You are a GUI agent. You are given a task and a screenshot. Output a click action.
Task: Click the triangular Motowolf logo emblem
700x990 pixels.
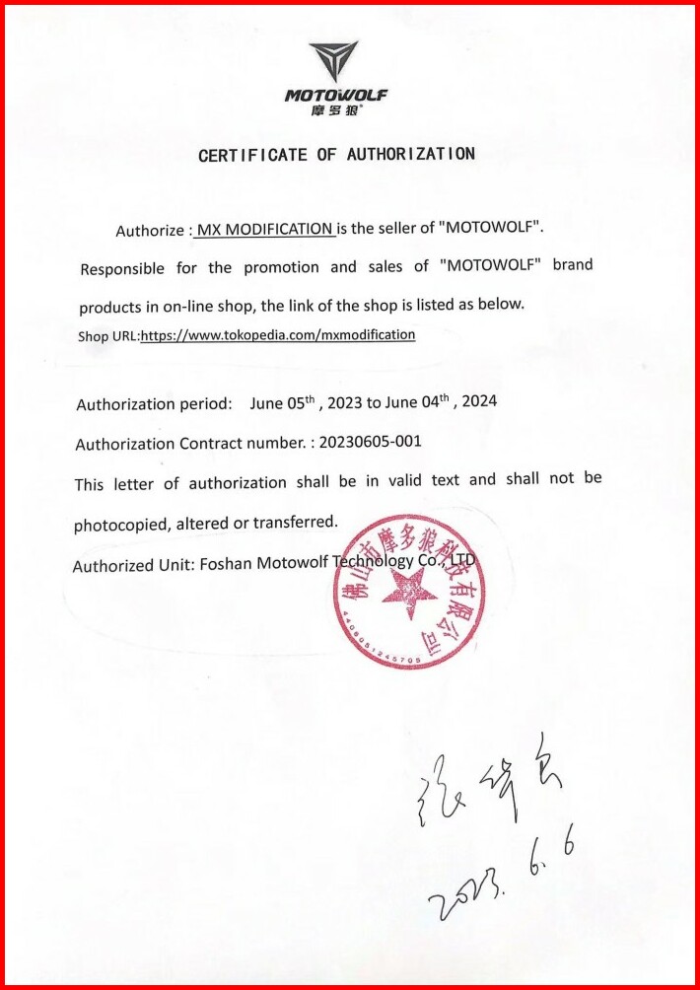(x=333, y=61)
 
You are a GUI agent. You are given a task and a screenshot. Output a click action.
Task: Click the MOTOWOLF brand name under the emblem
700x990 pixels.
(x=336, y=96)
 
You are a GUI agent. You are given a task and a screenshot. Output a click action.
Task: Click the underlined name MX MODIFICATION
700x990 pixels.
(x=264, y=230)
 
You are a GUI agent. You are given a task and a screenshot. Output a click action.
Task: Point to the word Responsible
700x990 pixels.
(x=122, y=268)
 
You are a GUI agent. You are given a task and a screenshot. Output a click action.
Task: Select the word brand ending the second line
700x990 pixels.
(x=572, y=264)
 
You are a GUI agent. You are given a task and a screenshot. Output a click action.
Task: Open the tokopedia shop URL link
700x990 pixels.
(x=278, y=335)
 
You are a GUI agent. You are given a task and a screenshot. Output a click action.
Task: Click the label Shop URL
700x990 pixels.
(x=108, y=336)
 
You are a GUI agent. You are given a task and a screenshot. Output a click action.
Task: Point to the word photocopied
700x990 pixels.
(x=119, y=526)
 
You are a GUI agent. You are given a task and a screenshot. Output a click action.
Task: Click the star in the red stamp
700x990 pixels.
(x=408, y=594)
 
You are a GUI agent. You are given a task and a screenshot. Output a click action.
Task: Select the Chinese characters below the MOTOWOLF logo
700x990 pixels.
(x=335, y=110)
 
